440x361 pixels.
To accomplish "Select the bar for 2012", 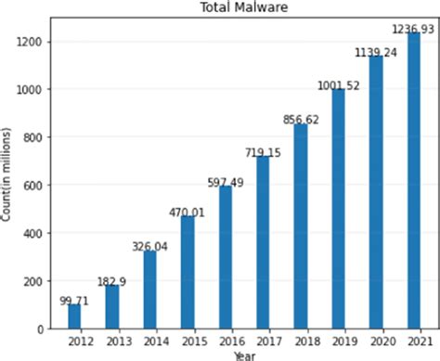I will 74,316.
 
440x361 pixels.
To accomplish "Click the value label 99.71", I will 74,300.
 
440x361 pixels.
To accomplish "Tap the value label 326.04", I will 149,245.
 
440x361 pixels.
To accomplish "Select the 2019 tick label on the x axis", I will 338,342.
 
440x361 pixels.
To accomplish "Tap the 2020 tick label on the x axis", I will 376,342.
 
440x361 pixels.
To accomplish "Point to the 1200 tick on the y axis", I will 33,42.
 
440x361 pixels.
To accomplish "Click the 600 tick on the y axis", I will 36,186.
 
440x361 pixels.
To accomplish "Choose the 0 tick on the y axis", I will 42,329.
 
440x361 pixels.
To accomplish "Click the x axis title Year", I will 244,355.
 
